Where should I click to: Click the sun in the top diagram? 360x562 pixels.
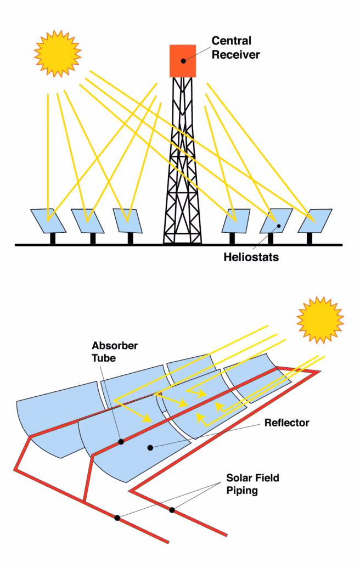(57, 53)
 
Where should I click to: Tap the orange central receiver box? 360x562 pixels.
(183, 60)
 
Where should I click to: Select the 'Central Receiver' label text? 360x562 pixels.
(235, 48)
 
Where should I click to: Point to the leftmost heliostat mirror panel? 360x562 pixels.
(48, 220)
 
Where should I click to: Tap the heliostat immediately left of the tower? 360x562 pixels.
(128, 220)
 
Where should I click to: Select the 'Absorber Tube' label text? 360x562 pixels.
(115, 352)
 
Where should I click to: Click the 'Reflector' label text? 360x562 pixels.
(287, 423)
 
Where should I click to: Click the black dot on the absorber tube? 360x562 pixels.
(121, 441)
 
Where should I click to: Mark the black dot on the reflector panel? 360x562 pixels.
(150, 447)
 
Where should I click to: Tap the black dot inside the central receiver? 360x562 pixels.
(183, 61)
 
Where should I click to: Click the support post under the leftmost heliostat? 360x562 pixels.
(53, 239)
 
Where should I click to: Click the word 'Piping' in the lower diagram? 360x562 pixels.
(243, 490)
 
